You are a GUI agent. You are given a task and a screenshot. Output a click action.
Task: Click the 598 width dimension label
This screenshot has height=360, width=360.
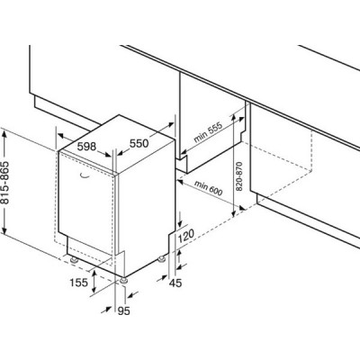coord(86,147)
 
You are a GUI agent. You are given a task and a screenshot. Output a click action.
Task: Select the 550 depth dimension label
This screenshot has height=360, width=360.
coord(139,144)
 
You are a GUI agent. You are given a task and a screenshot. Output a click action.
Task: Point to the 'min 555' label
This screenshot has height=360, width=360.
coord(208,132)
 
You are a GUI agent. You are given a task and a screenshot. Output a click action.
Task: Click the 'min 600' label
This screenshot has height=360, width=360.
coord(208,188)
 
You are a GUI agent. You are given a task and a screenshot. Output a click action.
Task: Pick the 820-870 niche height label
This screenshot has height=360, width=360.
coord(238,176)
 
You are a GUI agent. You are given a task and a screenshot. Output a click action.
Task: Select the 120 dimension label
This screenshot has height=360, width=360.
coord(186,237)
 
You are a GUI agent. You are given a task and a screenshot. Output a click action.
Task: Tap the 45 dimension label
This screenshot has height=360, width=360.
coord(175,283)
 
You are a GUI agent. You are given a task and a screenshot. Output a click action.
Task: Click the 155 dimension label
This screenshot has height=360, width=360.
coord(79,283)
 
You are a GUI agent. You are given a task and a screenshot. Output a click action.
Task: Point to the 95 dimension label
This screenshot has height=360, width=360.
coord(123,311)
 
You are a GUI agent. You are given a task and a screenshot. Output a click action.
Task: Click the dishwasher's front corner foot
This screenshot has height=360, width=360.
coord(123,281)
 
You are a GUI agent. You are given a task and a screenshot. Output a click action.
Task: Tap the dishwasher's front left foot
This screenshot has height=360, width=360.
coord(74,260)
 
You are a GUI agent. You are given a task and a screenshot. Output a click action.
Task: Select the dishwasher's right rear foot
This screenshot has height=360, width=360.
coord(162,258)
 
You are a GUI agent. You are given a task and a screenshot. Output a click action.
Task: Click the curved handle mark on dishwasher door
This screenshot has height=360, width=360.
coord(85,176)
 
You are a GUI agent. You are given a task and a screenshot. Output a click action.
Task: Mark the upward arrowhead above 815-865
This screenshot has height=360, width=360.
coord(4,133)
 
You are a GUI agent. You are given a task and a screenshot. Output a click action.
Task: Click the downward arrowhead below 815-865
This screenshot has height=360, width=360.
coord(4,229)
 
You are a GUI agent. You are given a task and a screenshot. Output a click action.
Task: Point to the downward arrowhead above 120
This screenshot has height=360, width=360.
coord(180,222)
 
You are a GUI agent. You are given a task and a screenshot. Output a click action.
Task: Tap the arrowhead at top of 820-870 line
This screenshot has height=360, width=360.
coord(234,119)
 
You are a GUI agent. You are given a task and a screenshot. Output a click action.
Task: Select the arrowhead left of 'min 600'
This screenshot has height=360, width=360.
coord(181,182)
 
